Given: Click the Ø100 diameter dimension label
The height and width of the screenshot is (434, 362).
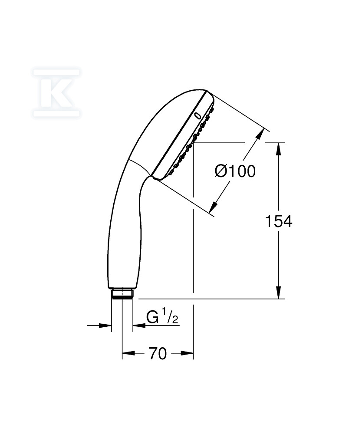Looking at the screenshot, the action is [x=235, y=171].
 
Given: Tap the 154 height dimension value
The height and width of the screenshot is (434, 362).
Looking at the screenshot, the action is [x=278, y=221].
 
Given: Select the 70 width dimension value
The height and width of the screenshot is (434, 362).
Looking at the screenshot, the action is [x=158, y=353].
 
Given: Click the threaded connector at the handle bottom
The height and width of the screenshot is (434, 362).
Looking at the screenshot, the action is [x=122, y=294].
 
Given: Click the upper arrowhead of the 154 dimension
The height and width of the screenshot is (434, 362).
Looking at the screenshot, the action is [x=278, y=149].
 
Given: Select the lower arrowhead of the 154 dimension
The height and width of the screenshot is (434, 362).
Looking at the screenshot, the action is [x=278, y=293].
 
